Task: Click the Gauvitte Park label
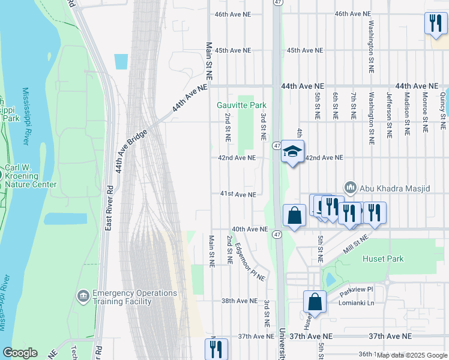coord(241,105)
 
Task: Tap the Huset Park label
coord(383,259)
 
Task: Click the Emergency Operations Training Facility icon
coord(83,296)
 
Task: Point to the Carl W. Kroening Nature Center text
coord(31,176)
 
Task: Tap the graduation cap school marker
coord(292,152)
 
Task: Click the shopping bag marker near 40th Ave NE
coord(294,215)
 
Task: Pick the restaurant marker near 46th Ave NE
coord(435,23)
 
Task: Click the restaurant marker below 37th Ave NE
coord(216,349)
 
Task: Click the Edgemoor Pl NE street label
coord(250,262)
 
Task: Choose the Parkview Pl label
coord(356,290)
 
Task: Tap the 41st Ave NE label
coord(238,194)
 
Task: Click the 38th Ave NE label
coord(239,301)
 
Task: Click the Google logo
coord(20,353)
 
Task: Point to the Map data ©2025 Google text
coord(412,355)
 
